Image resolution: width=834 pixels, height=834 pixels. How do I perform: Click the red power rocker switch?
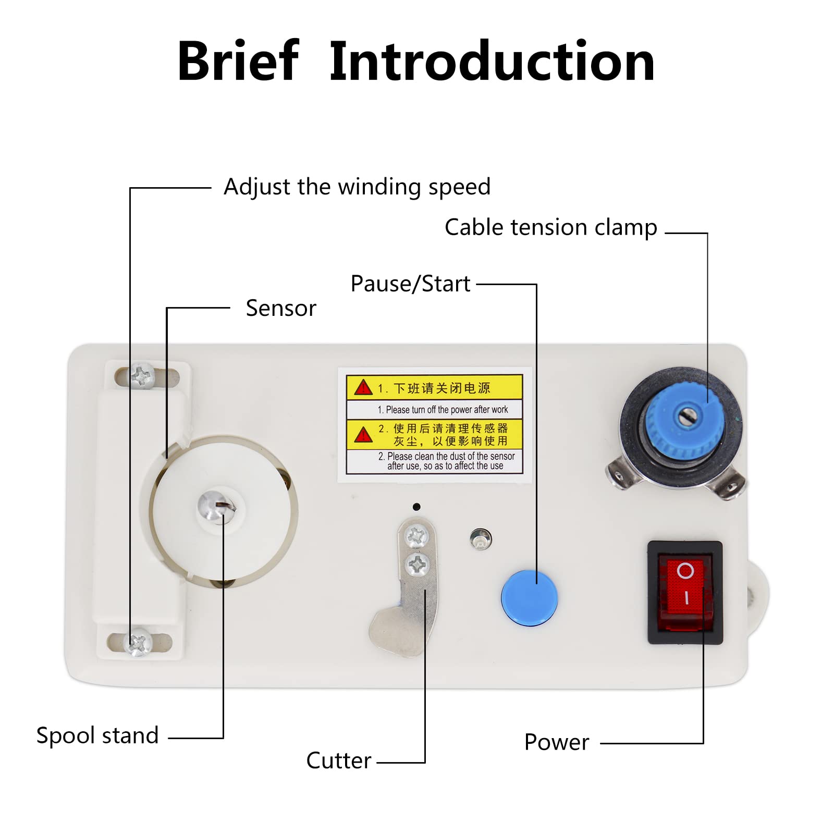[684, 587]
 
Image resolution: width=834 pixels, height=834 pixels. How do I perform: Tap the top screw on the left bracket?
[142, 375]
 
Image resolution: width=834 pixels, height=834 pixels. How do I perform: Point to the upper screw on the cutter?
[416, 536]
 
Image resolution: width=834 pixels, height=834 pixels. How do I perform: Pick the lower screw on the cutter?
[418, 564]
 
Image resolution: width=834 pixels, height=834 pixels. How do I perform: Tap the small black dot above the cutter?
[416, 507]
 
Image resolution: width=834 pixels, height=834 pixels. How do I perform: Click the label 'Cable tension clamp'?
[550, 227]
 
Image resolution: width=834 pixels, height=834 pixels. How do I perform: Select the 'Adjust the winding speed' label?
[357, 187]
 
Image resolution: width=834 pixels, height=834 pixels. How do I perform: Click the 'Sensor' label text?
[281, 308]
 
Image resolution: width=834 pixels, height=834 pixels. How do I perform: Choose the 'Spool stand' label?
[97, 735]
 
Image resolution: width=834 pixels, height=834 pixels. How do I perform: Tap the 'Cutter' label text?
[339, 761]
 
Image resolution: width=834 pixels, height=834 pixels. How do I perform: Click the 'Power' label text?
[557, 742]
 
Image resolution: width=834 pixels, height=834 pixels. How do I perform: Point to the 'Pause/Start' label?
[410, 284]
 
